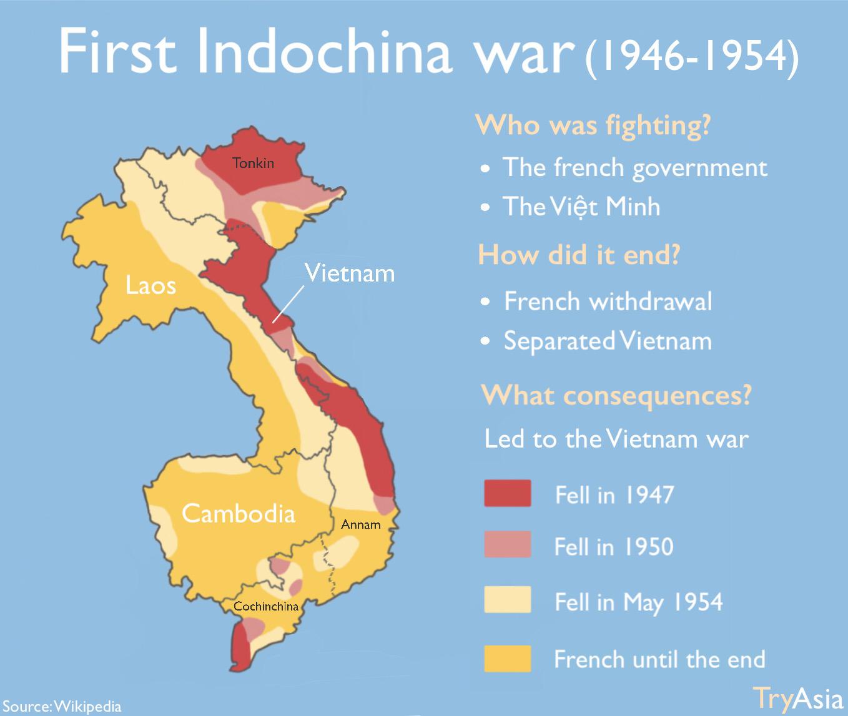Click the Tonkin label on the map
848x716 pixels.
click(253, 163)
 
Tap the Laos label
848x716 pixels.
click(150, 285)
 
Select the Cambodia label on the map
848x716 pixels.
click(238, 513)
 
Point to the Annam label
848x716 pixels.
click(361, 524)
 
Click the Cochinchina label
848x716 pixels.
click(266, 606)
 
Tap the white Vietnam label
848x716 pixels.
click(349, 273)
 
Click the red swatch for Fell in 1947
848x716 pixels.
click(507, 493)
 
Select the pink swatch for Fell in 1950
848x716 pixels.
click(507, 544)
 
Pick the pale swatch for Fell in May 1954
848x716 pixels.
click(507, 600)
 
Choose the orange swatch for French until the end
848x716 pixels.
click(507, 658)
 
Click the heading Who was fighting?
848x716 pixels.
click(593, 124)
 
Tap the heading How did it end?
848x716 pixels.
click(578, 255)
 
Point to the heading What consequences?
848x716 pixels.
click(616, 395)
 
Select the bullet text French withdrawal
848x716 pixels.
click(608, 302)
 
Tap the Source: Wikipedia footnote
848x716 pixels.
click(62, 707)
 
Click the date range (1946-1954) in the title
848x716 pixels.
click(691, 57)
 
